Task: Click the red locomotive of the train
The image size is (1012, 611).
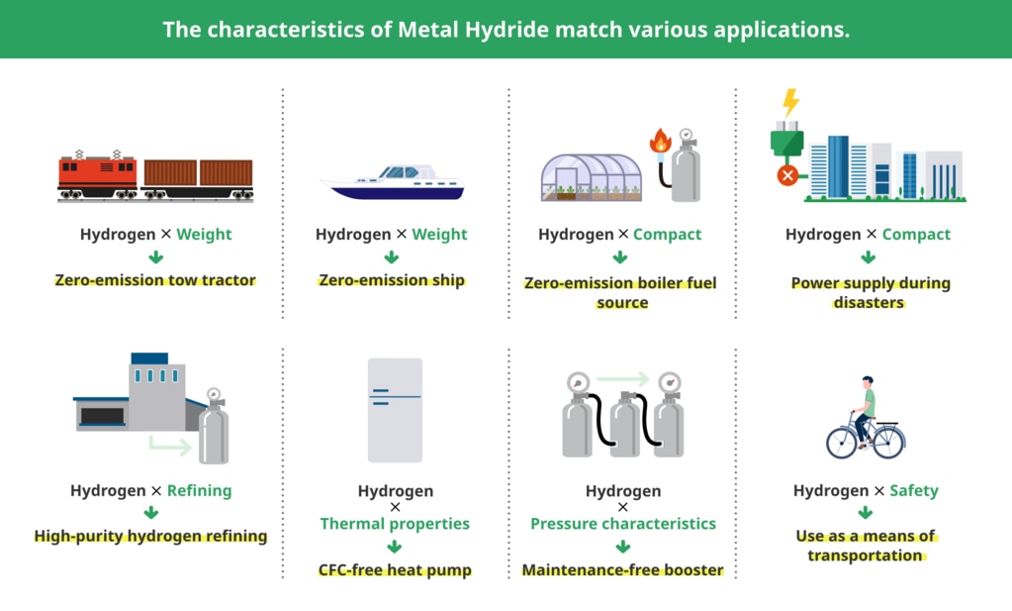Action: (98, 175)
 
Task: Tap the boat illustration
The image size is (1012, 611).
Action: (393, 183)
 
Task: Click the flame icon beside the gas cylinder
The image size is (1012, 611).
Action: (660, 142)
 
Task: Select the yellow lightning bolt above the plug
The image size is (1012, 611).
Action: (790, 103)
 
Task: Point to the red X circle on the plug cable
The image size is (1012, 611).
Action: (787, 175)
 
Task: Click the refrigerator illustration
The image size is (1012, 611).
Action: (395, 410)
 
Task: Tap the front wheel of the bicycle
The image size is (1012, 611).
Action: (888, 442)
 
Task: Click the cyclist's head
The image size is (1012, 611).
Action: (869, 382)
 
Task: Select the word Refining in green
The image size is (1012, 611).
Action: (199, 491)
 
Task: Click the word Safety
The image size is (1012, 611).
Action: (914, 491)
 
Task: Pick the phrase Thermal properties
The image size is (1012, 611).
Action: (395, 524)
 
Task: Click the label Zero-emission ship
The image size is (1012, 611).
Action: (392, 280)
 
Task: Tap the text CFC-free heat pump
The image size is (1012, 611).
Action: (395, 570)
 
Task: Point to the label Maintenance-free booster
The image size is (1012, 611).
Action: (623, 570)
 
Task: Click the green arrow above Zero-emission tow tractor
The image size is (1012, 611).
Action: (155, 257)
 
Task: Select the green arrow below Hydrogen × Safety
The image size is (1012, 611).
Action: (866, 513)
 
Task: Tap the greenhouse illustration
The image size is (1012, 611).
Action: (592, 177)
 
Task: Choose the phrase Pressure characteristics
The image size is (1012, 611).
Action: (623, 524)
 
